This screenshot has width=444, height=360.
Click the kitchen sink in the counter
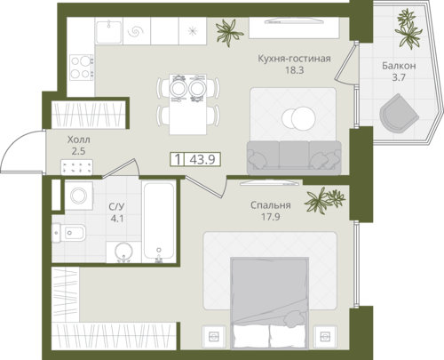[x=109, y=31]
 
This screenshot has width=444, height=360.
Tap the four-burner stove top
[x=82, y=68]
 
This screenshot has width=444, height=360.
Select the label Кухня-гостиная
[x=294, y=59]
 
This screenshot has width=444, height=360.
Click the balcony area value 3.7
[x=399, y=77]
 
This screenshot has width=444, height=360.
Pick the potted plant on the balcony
[x=408, y=28]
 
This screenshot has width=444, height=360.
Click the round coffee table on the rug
[x=298, y=118]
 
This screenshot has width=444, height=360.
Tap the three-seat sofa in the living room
[x=294, y=157]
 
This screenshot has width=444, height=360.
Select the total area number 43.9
[x=202, y=160]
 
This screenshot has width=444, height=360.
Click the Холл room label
[x=79, y=140]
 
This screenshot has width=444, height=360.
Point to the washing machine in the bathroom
[x=79, y=196]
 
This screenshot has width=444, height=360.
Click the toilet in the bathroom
[x=69, y=233]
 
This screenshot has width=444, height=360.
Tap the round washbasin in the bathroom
[x=123, y=252]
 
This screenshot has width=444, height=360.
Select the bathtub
[x=159, y=221]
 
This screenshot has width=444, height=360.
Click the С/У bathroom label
[x=116, y=206]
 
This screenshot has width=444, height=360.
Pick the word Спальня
[x=271, y=205]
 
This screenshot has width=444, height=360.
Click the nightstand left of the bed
[x=214, y=337]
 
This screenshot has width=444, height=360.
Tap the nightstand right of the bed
[x=325, y=337]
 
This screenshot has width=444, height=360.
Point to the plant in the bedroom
[x=324, y=200]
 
